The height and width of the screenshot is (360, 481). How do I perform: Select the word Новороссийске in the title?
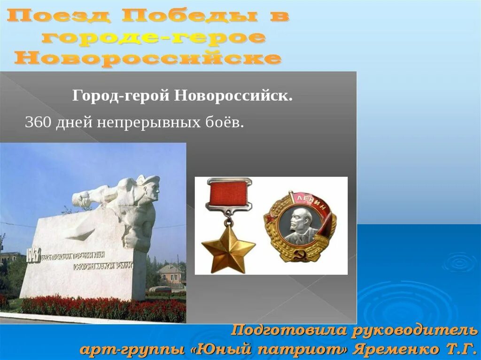pyautogui.click(x=148, y=58)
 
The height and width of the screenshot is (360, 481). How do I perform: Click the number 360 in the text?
pyautogui.click(x=38, y=123)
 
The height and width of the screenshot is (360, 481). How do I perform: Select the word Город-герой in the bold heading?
pyautogui.click(x=121, y=96)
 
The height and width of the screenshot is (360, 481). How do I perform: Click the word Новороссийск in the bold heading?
pyautogui.click(x=233, y=96)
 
